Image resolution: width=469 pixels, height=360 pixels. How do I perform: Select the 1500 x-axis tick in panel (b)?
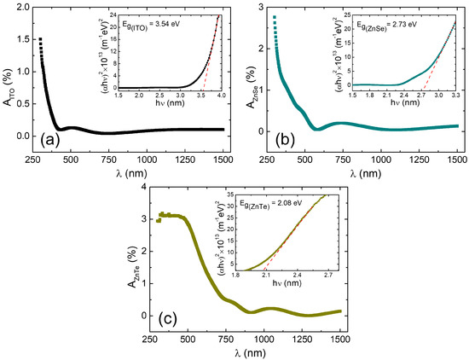[457, 160]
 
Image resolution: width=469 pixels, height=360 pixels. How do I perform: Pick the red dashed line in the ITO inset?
[211, 51]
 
